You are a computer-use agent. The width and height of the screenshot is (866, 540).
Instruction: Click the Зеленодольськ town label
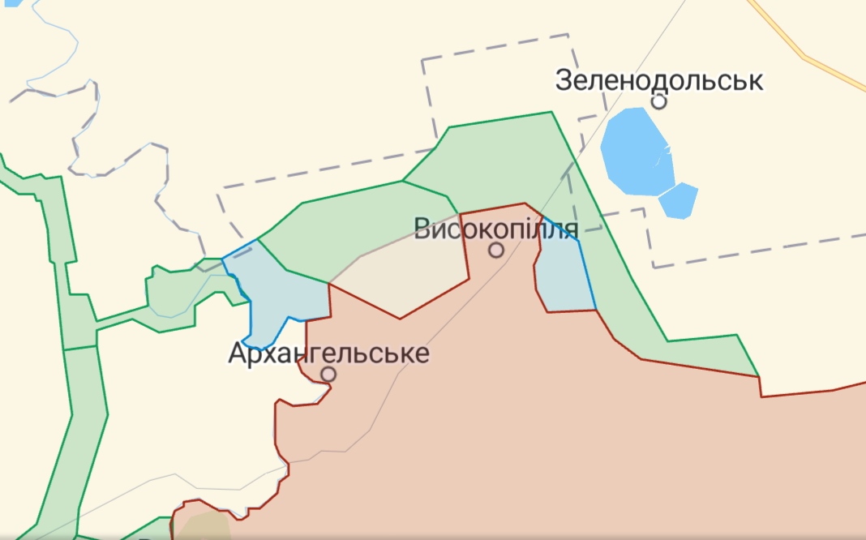[659, 81]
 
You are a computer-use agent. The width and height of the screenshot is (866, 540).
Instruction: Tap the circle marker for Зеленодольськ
[659, 101]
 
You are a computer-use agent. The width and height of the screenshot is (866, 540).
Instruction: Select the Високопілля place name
[496, 229]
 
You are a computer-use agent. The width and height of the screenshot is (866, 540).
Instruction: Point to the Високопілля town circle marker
[496, 251]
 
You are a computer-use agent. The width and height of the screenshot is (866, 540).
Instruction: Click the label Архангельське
[328, 354]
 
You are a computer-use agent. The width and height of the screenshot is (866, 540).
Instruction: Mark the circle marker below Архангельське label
[328, 374]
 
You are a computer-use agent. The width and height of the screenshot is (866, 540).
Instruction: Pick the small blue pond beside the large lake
[679, 200]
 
